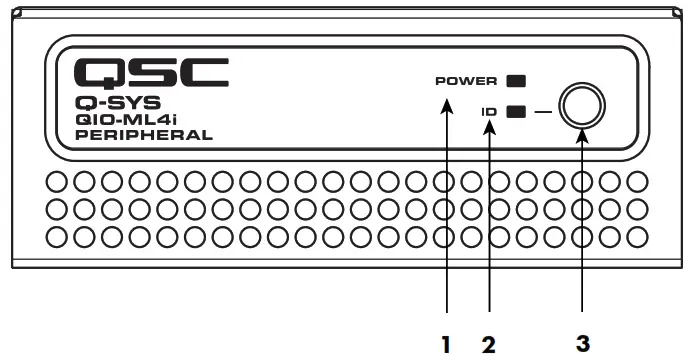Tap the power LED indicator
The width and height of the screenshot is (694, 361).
[517, 79]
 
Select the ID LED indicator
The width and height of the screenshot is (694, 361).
[517, 112]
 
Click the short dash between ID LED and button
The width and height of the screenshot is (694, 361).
[541, 112]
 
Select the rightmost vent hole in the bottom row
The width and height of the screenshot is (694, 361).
[635, 236]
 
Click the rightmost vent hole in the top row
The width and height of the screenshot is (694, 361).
[635, 182]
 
